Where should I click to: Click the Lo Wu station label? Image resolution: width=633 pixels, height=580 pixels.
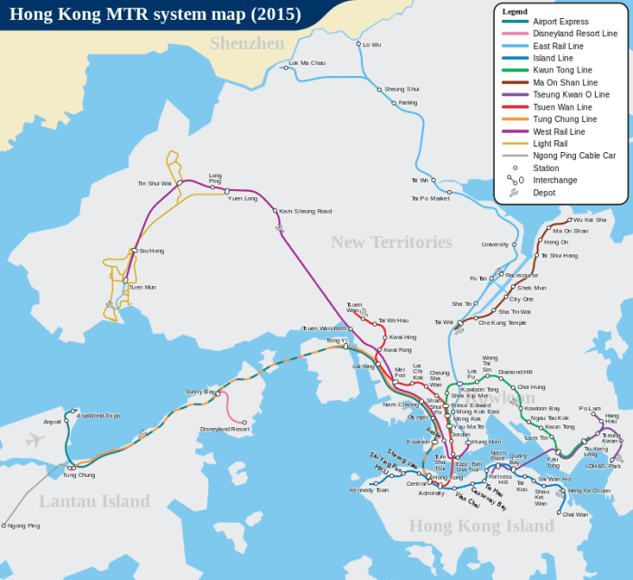pos(372,43)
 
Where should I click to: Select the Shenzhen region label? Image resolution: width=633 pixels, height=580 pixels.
pos(246,43)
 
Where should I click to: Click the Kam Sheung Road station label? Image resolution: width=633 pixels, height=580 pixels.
pos(306,211)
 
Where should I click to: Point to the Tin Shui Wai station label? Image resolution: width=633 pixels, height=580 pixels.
pos(155,183)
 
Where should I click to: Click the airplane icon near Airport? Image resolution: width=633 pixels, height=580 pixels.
pos(35,441)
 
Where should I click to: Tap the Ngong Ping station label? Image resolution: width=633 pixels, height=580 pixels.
pos(24,526)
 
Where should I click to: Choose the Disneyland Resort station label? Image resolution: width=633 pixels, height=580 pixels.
pos(224,429)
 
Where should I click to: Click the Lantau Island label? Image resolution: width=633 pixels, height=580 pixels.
pos(94,501)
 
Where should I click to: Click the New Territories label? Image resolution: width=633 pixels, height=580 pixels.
pos(391,242)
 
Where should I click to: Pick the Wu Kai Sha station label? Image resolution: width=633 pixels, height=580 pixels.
pos(590,220)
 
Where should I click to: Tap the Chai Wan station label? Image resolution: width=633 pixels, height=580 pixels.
pos(574,514)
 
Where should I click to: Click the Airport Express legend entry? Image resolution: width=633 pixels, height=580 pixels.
pos(561,22)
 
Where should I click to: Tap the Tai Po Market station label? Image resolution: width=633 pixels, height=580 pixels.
pos(430,198)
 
